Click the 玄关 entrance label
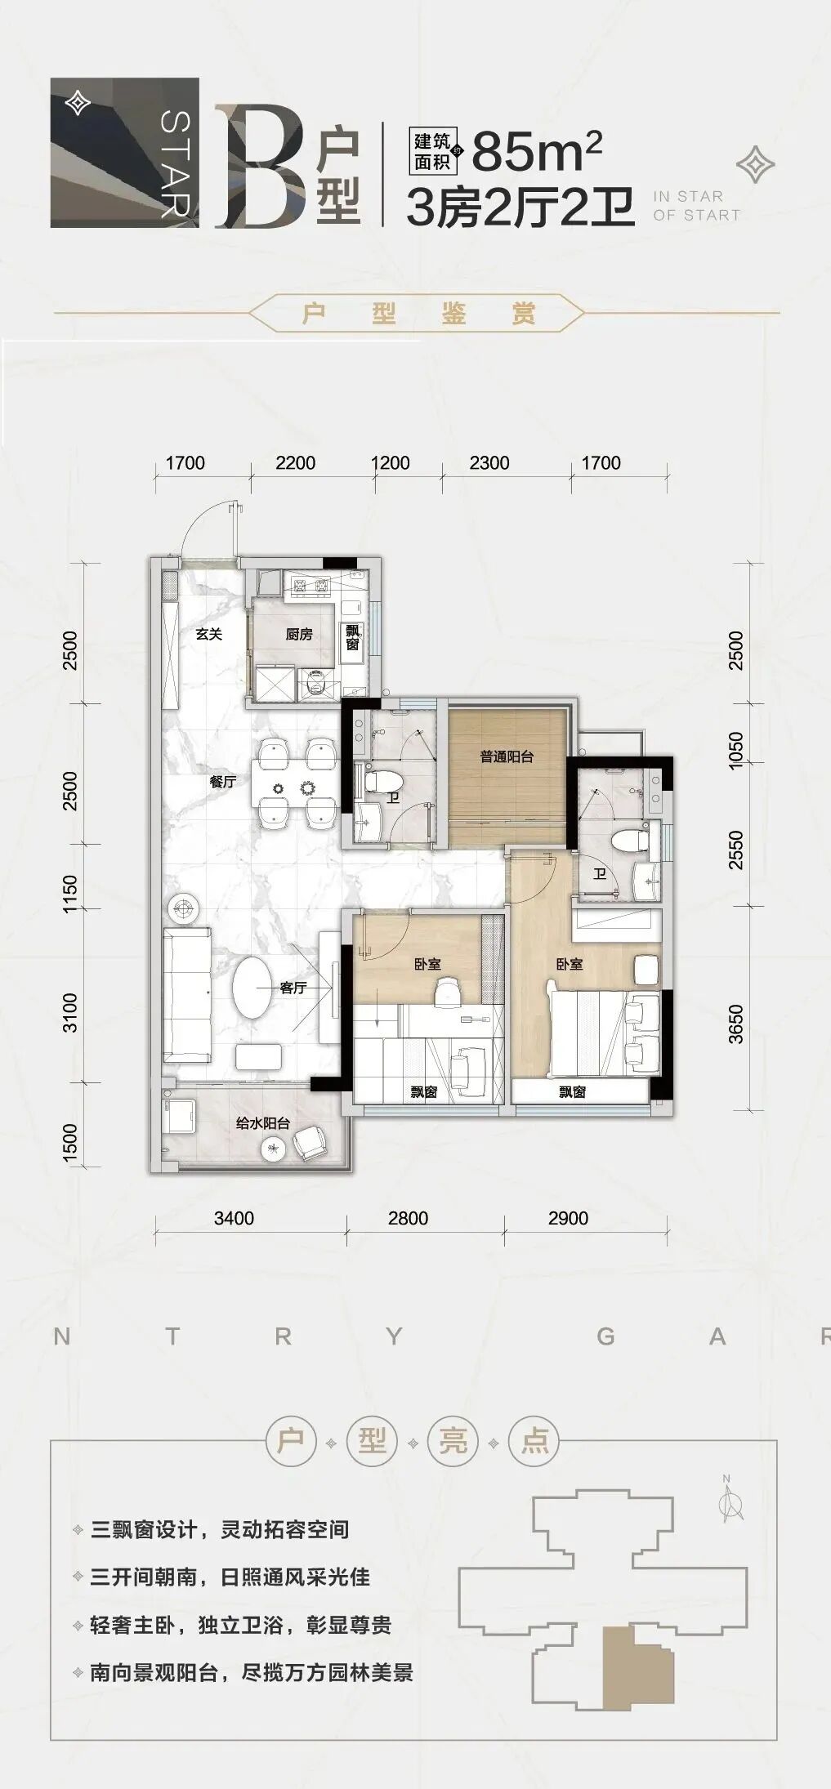coord(209,633)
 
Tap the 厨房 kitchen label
coord(300,634)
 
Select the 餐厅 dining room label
coord(222,782)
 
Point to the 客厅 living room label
coord(293,988)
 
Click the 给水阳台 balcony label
coord(263,1123)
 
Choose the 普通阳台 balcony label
coord(507,756)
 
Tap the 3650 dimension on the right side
coord(736,1024)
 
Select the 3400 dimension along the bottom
coord(234,1219)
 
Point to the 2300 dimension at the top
coord(489,463)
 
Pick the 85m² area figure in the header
coord(538,151)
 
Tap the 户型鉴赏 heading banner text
coord(418,314)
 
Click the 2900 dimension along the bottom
coord(568,1219)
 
